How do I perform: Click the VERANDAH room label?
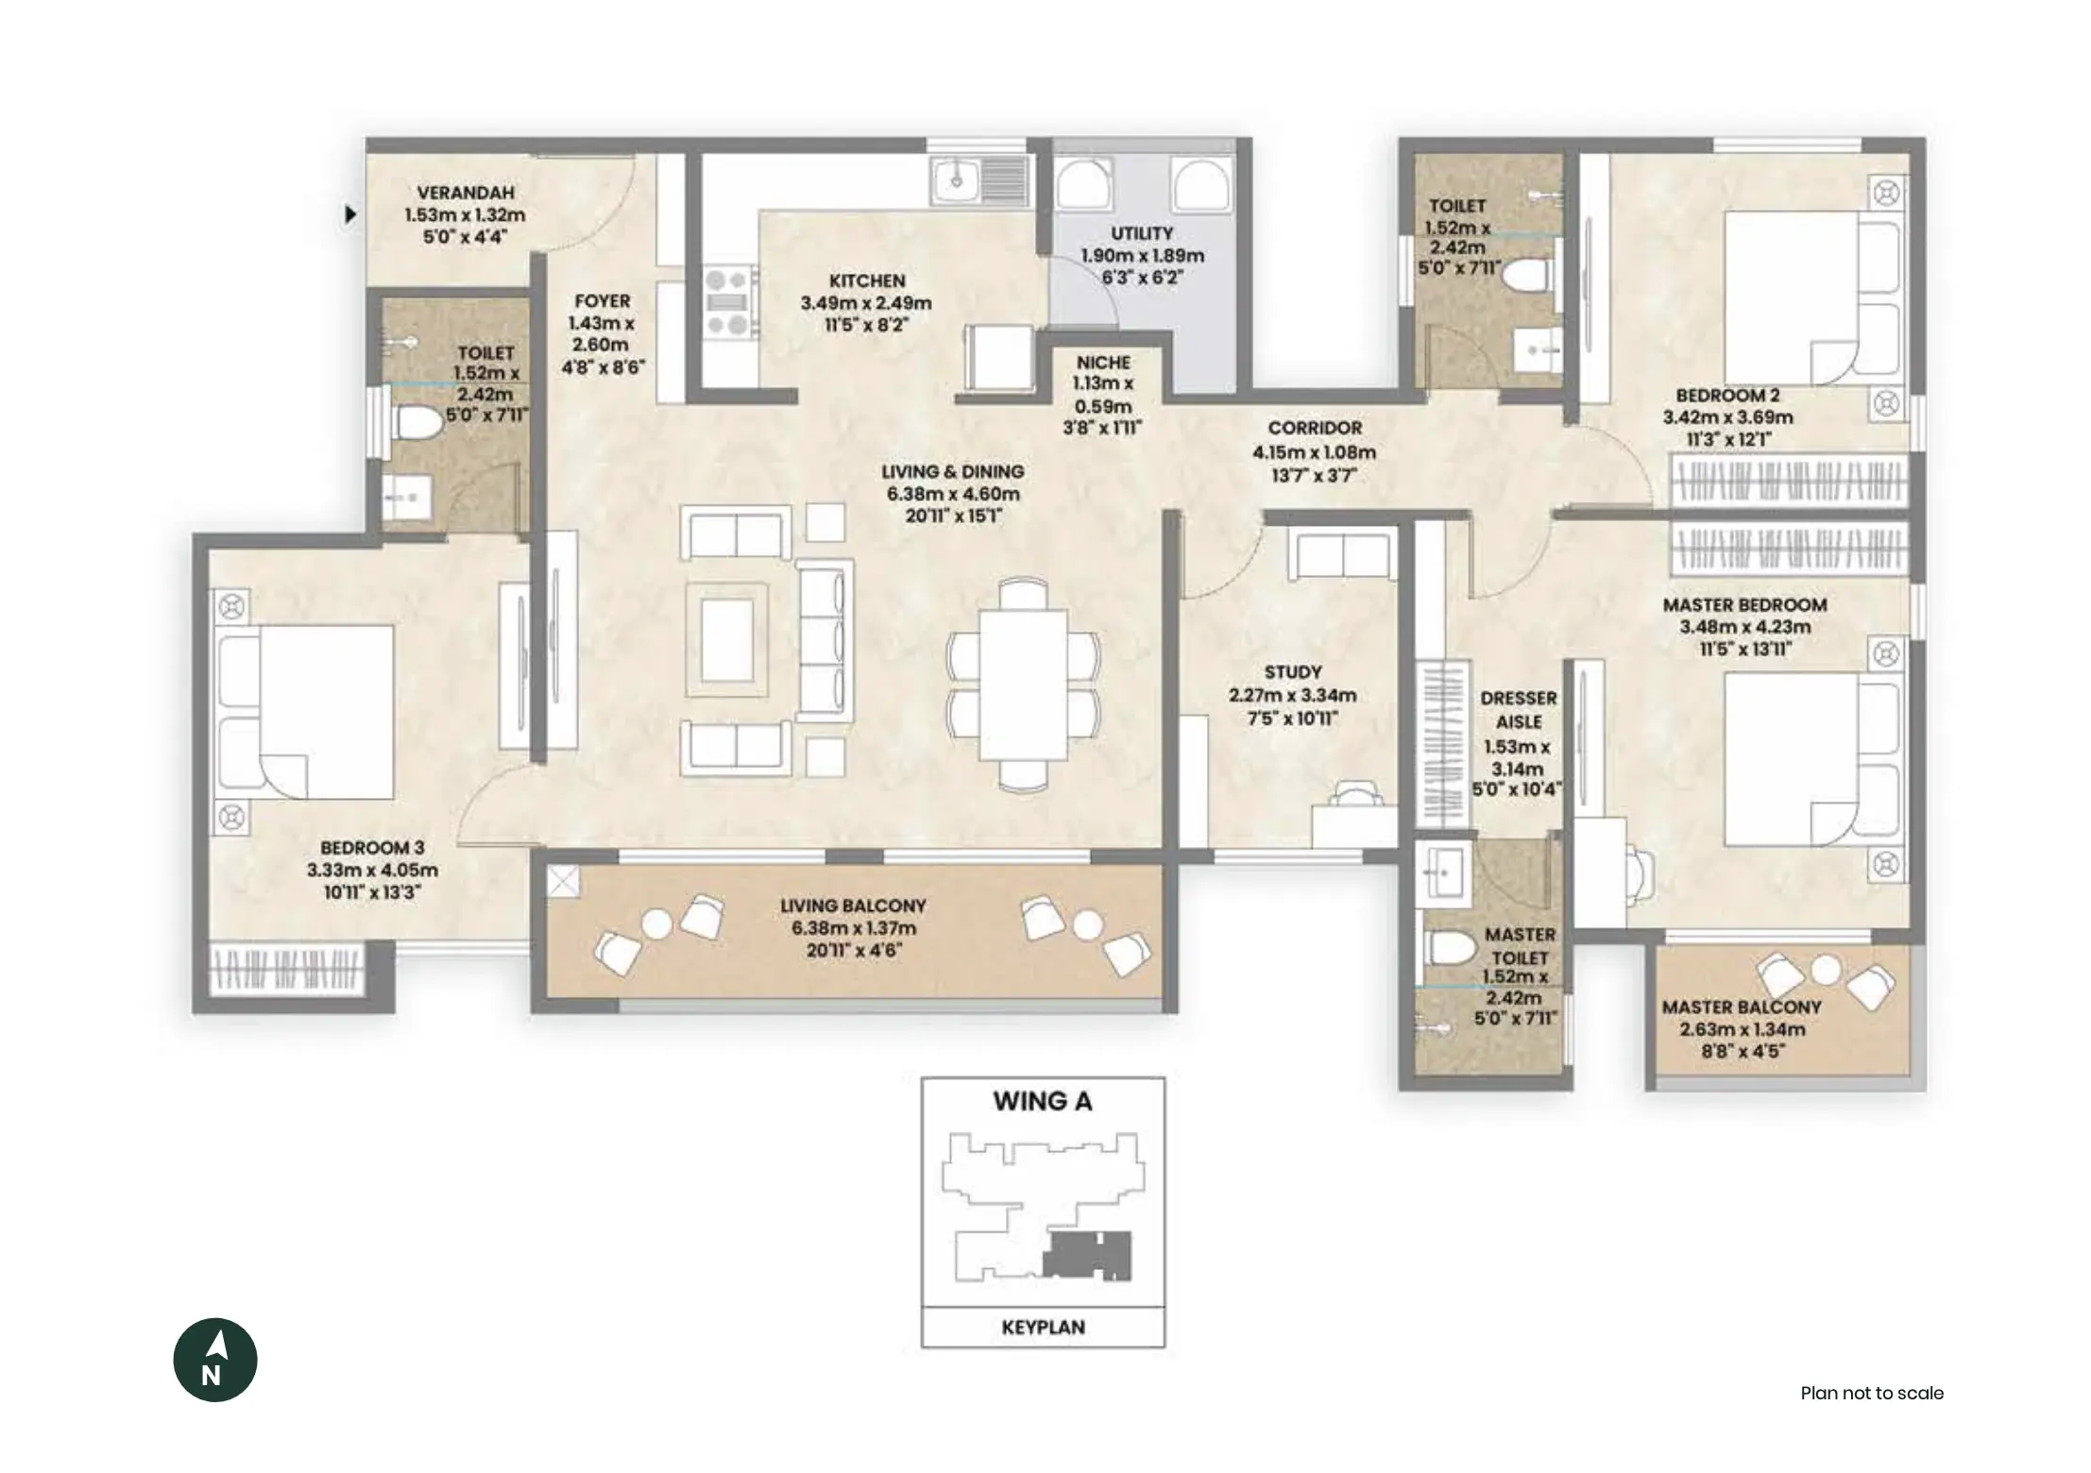(466, 193)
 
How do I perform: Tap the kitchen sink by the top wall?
(979, 180)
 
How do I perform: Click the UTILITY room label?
(1142, 233)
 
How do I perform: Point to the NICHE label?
(1103, 363)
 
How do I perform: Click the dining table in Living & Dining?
(1023, 686)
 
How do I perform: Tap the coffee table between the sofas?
(726, 640)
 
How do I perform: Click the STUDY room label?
(1293, 672)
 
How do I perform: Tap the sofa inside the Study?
(1343, 555)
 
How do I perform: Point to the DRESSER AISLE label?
(1519, 709)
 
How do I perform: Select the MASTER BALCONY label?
(1742, 1007)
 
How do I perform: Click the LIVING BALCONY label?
(853, 906)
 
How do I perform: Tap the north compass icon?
(215, 1360)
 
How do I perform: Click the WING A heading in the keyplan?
(1043, 1101)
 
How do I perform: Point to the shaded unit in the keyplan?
(1086, 1255)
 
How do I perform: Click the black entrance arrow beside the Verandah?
(350, 214)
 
